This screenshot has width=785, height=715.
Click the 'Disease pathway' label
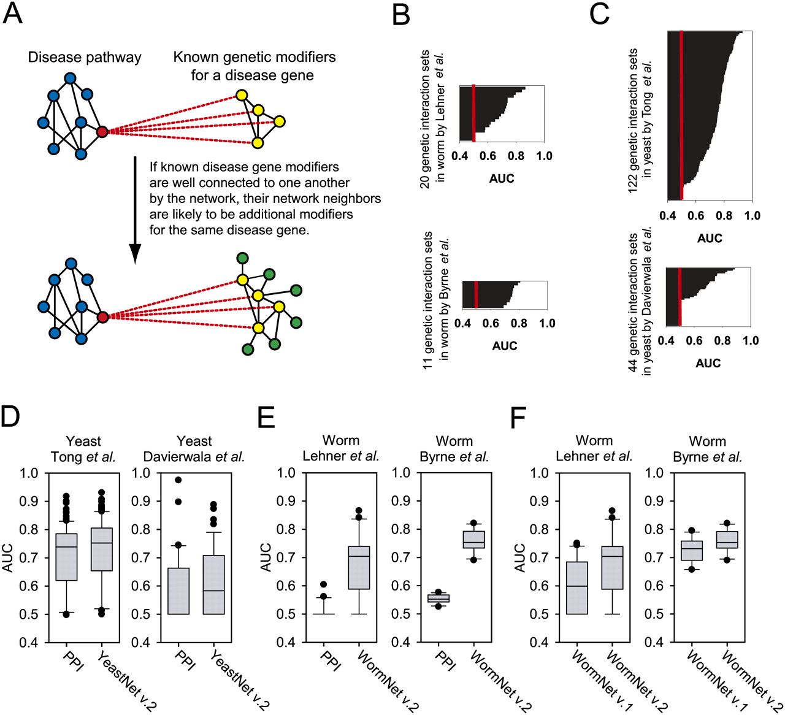click(x=85, y=58)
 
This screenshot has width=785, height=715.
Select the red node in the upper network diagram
click(x=102, y=131)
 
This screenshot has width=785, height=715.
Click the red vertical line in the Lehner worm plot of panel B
click(x=473, y=113)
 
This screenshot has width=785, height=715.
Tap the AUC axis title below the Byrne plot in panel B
click(x=505, y=346)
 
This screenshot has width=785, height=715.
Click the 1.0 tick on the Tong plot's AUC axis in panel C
click(x=752, y=215)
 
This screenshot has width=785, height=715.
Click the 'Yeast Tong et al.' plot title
click(x=84, y=449)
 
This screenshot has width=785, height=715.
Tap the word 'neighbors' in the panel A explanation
click(x=353, y=199)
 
